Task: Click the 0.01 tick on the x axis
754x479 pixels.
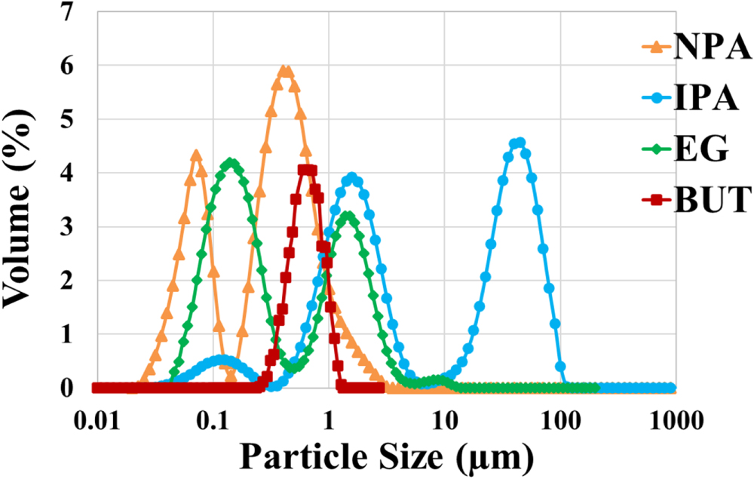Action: tap(97, 417)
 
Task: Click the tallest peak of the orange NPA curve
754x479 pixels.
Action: tap(285, 71)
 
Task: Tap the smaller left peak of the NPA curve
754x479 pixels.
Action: tap(197, 155)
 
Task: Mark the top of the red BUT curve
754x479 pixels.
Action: tap(306, 170)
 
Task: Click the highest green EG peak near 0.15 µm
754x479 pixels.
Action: tap(231, 163)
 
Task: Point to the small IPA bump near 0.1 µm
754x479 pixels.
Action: tap(221, 360)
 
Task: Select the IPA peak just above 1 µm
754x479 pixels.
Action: tap(351, 178)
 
